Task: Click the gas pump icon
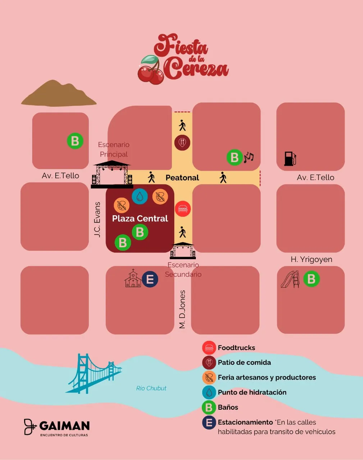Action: [x=290, y=158]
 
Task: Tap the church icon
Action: [x=133, y=279]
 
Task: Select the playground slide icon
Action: [x=290, y=279]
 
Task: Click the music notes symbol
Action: [x=249, y=157]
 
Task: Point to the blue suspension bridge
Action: [x=94, y=374]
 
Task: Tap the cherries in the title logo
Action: [x=150, y=70]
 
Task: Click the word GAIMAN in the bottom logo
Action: [x=64, y=426]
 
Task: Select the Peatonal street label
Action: [x=182, y=178]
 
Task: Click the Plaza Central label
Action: [x=140, y=218]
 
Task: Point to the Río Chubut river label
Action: [x=151, y=388]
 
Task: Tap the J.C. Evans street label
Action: [x=97, y=219]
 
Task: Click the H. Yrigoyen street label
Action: [x=311, y=259]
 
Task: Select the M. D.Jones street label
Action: [x=182, y=309]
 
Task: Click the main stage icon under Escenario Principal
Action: [x=112, y=175]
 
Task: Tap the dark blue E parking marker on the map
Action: [x=150, y=279]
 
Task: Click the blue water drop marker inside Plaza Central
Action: [x=140, y=196]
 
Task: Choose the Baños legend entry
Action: [x=228, y=407]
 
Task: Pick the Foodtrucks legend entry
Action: [x=236, y=348]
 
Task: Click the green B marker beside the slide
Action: [x=311, y=279]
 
